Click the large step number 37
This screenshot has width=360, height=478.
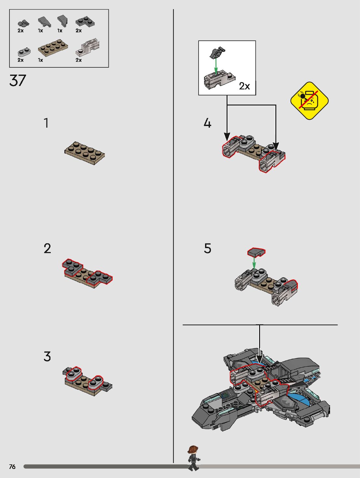coord(18,80)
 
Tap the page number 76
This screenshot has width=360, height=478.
coord(12,467)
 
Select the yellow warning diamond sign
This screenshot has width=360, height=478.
coord(309,101)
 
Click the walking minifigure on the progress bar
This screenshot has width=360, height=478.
coord(193,458)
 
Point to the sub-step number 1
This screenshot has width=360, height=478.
coord(46,123)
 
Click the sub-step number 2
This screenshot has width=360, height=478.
coord(47,248)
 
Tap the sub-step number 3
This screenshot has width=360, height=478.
coord(47,356)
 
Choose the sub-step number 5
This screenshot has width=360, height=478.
coord(207,248)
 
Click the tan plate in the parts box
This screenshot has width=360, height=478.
coord(53,48)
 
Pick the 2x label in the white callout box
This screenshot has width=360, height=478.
coord(244,86)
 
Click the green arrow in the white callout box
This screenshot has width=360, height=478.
coord(216,66)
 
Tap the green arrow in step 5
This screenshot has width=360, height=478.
coord(254,263)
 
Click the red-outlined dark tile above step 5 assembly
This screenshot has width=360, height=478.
coord(256,252)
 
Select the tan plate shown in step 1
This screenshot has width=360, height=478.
coord(84,153)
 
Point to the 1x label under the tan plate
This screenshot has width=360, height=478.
coord(40,60)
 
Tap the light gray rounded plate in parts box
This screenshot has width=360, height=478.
coord(24,52)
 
